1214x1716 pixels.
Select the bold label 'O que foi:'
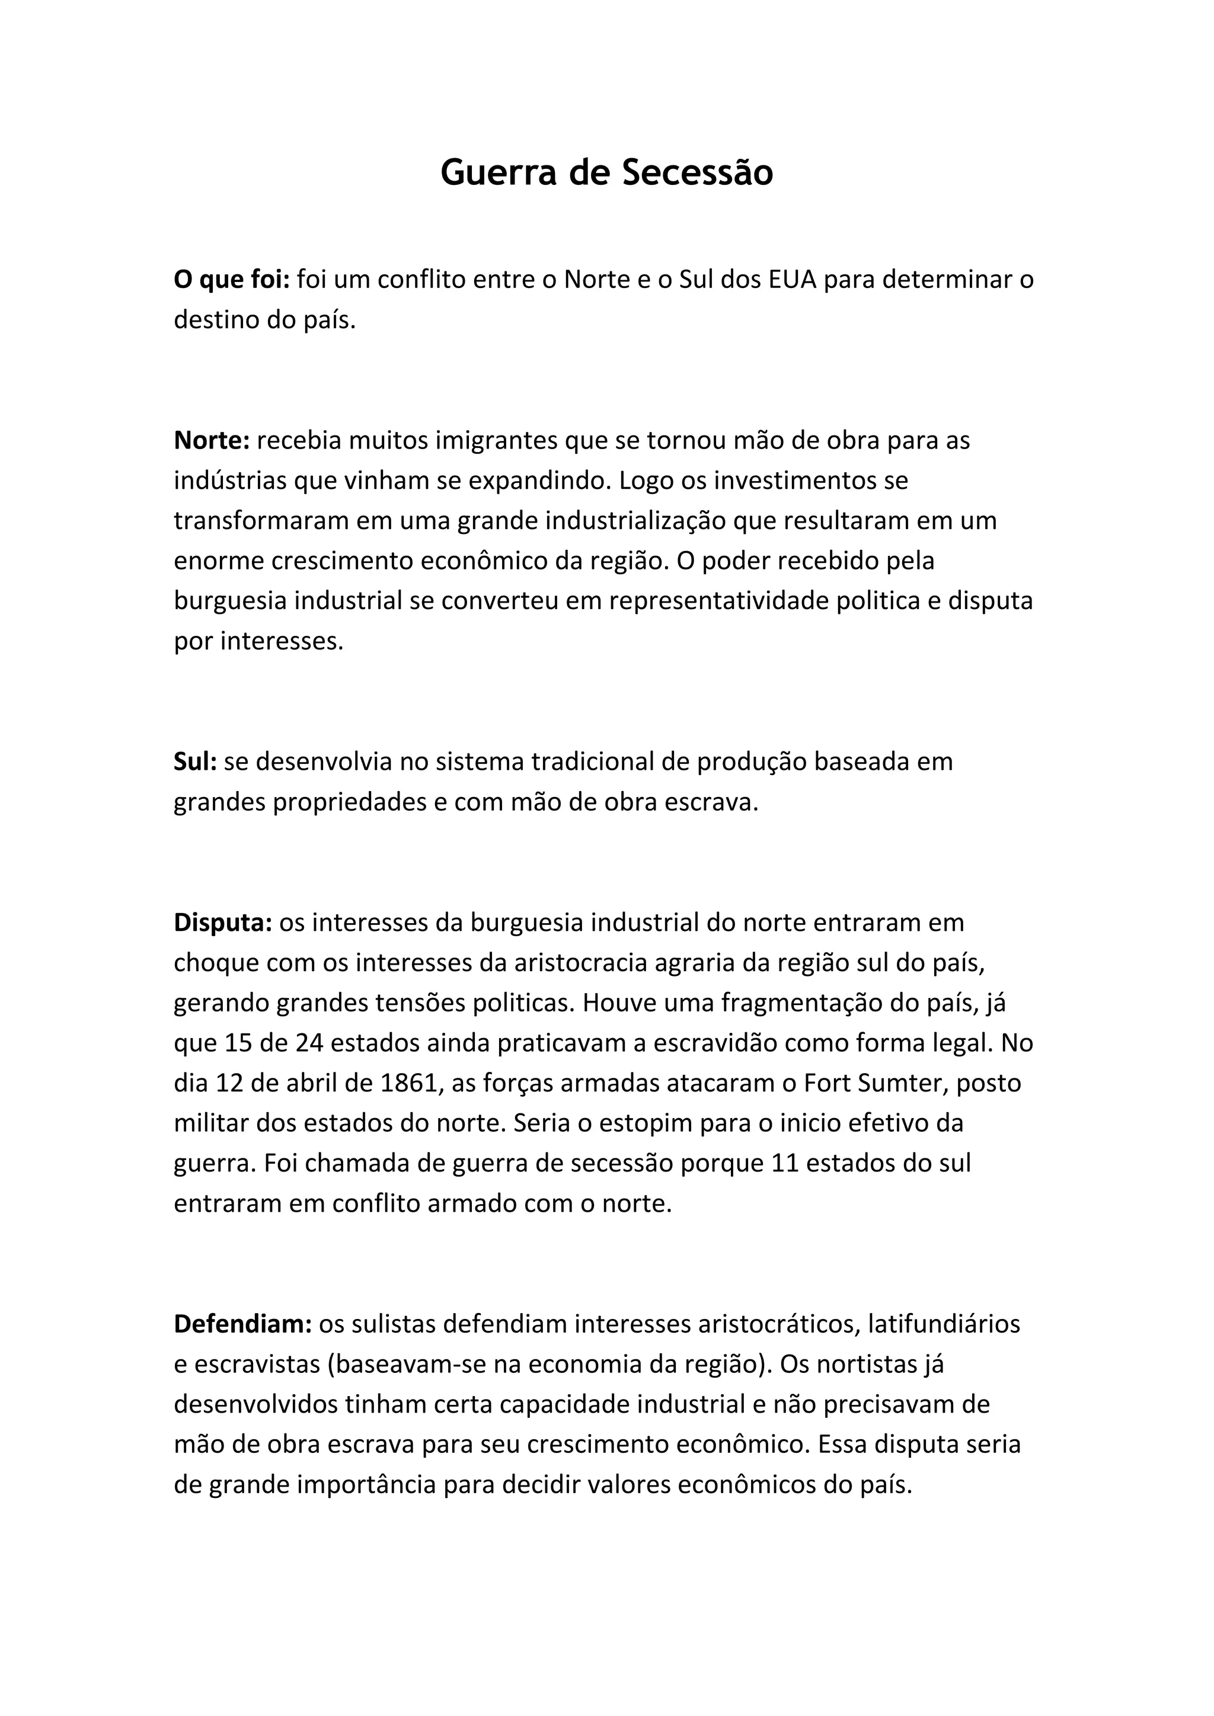click(x=232, y=280)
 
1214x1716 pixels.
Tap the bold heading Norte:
click(x=212, y=441)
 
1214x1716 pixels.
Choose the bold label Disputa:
click(x=223, y=923)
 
